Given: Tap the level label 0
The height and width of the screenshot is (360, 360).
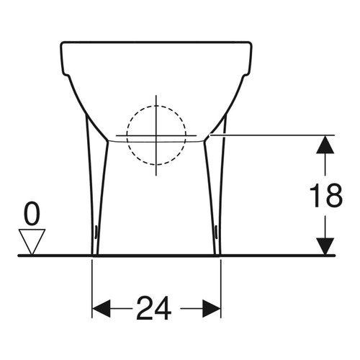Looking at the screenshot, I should pyautogui.click(x=32, y=214).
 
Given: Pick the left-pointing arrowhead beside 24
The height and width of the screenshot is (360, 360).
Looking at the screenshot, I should pyautogui.click(x=104, y=310).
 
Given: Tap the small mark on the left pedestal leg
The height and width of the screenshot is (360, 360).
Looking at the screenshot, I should pyautogui.click(x=97, y=231).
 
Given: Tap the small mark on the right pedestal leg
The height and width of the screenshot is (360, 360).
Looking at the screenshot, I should pyautogui.click(x=216, y=231).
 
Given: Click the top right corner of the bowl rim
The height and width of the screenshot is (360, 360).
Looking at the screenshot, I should pyautogui.click(x=253, y=44).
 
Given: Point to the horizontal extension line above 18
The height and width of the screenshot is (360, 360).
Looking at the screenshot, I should pyautogui.click(x=274, y=135).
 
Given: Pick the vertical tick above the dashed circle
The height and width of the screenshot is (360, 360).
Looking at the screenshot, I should pyautogui.click(x=156, y=101).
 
